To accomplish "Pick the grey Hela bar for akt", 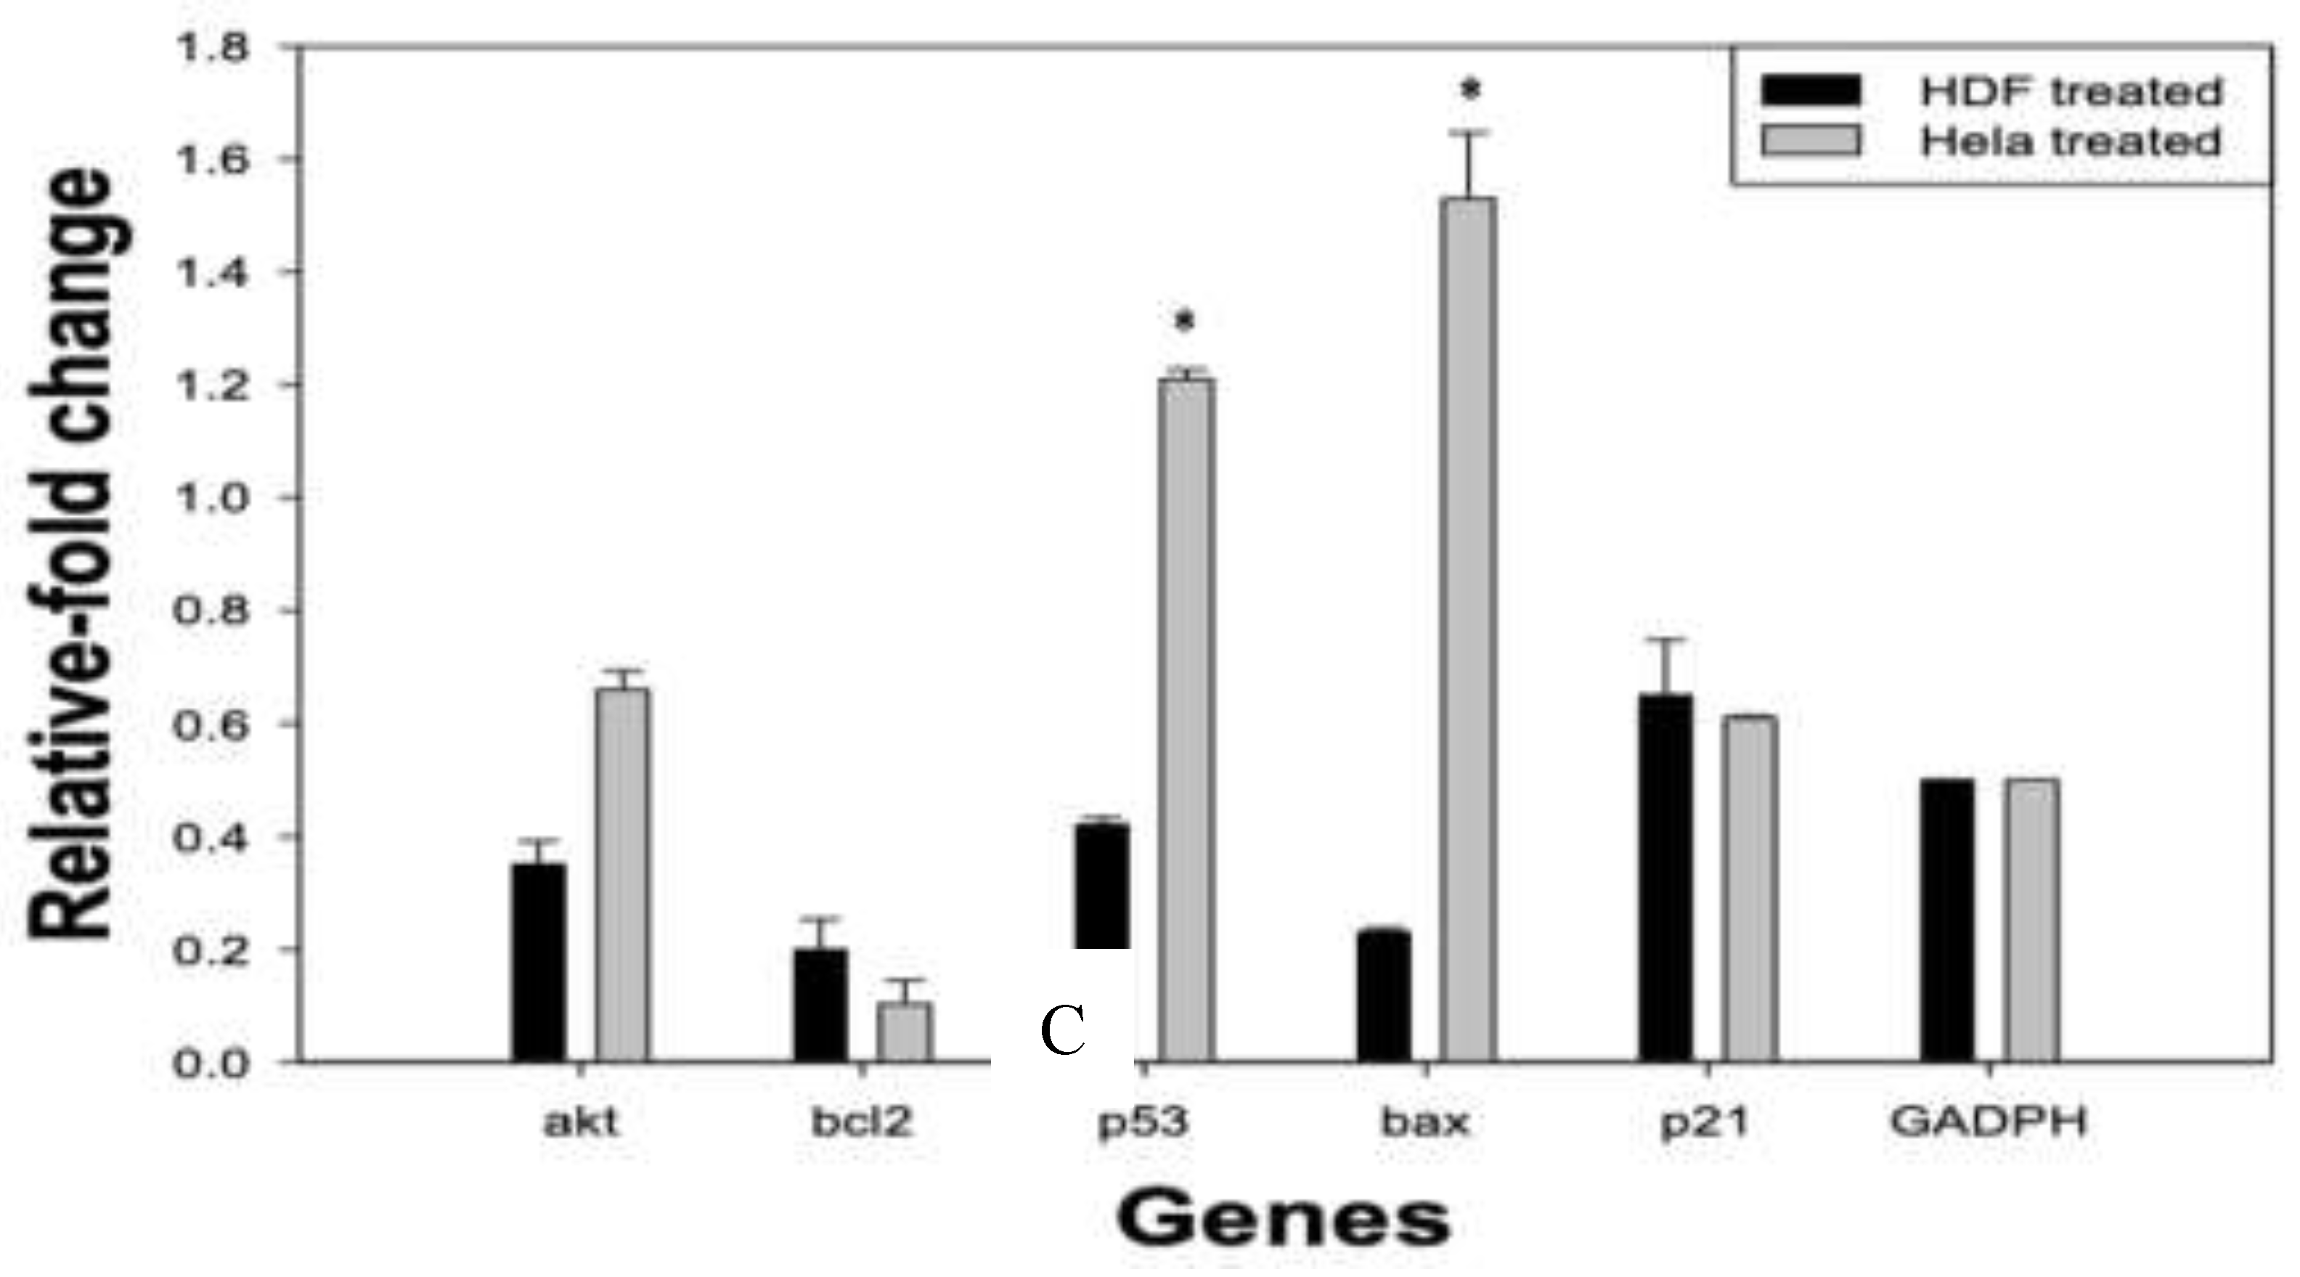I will (x=623, y=874).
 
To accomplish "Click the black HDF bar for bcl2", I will (x=820, y=1005).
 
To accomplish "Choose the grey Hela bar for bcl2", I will (x=905, y=1032).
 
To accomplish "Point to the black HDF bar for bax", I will (x=1384, y=996).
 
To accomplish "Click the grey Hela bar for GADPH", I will (x=2031, y=920).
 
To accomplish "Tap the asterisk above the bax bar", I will (x=1469, y=90).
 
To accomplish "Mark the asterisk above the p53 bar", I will (x=1185, y=322).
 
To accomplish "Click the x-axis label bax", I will (x=1425, y=1122).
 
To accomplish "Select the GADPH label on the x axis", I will (x=1989, y=1122).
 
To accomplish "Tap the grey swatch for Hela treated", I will (x=1811, y=141).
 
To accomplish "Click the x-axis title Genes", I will (x=1283, y=1219).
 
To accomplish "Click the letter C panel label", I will (x=1062, y=1032).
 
